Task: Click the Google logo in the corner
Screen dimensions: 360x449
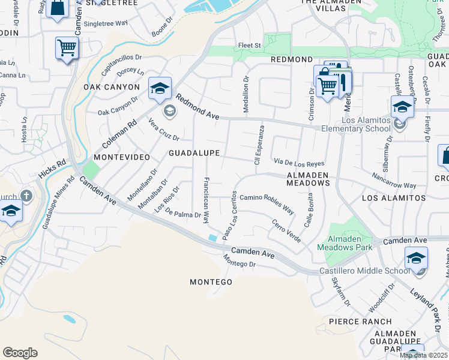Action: tap(20, 353)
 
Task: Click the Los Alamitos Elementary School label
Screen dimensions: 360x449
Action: tap(356, 124)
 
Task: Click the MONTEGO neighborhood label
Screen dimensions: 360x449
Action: tap(211, 282)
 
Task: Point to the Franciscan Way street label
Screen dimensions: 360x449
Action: tap(206, 200)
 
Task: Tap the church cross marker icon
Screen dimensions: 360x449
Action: tap(26, 196)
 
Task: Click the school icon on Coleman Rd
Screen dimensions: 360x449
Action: tap(160, 89)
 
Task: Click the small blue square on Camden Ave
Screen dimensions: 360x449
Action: tap(213, 238)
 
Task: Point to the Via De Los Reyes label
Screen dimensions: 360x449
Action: tap(299, 163)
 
